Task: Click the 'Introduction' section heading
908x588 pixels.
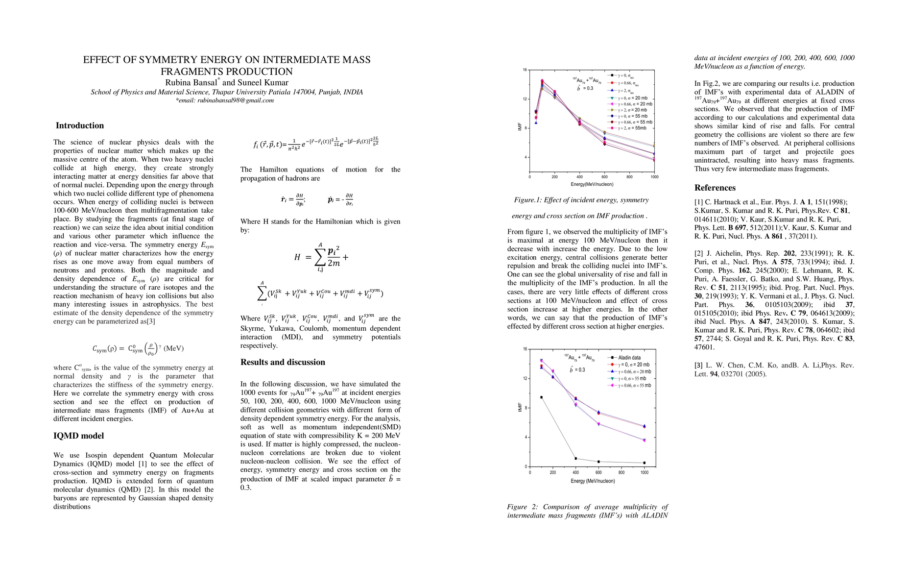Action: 79,125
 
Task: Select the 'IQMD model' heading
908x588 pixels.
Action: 78,436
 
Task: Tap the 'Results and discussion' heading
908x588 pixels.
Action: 283,362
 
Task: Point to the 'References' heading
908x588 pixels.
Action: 715,188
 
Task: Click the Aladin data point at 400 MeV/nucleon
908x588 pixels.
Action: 575,459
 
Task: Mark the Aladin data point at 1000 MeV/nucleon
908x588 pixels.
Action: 645,463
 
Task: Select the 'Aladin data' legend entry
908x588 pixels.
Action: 629,358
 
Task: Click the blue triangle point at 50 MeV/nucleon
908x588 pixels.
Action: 536,122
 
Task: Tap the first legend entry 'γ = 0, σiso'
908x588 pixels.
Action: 624,76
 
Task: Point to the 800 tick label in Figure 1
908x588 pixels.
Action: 629,177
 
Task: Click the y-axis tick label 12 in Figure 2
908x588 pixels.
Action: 525,379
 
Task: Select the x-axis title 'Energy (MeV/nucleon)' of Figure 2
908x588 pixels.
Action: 592,481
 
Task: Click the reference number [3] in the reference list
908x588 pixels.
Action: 698,366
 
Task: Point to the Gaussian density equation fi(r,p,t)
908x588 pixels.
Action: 315,144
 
